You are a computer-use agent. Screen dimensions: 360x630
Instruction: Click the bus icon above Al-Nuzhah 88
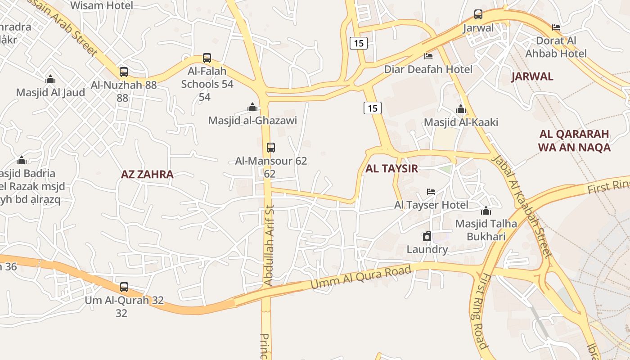123,72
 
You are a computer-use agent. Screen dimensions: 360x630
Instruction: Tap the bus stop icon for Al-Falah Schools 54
207,58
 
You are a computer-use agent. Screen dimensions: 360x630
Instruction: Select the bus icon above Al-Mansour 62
270,147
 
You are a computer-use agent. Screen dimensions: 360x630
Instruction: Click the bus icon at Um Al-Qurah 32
124,287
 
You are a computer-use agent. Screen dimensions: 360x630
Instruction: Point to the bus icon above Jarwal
478,14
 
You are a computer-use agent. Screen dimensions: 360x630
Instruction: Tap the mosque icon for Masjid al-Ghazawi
252,107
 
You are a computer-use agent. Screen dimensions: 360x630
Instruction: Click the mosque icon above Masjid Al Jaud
50,79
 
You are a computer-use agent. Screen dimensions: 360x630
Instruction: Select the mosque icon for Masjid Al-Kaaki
460,109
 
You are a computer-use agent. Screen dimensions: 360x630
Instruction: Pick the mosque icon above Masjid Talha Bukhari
486,211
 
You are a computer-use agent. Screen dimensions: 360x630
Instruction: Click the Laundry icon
427,236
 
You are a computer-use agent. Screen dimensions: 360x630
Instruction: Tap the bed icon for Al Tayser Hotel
431,192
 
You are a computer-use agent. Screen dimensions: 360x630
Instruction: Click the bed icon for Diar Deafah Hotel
428,56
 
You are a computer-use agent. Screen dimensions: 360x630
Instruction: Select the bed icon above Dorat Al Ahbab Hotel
556,27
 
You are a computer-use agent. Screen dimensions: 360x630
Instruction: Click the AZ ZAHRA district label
147,175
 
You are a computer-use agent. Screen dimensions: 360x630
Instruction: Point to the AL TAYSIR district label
391,169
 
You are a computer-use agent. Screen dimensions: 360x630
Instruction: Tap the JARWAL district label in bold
532,76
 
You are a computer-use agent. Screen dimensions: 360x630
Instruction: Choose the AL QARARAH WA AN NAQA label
574,140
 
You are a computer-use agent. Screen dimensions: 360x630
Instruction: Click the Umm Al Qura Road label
361,278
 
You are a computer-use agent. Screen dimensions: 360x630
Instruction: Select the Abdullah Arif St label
269,245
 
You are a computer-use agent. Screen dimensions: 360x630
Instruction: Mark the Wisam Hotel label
102,5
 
